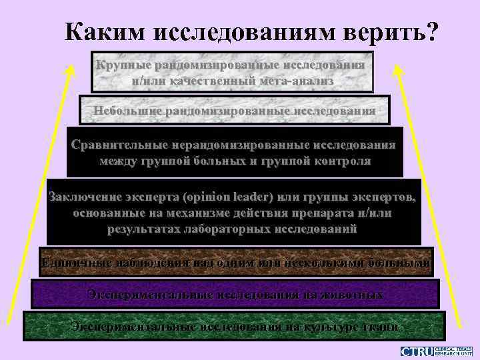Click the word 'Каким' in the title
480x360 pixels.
(x=107, y=31)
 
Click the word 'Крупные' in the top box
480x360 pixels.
(x=123, y=66)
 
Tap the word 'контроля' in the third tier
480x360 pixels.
(x=340, y=161)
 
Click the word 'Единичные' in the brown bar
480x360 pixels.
(x=69, y=262)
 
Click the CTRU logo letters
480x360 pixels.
(x=417, y=351)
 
